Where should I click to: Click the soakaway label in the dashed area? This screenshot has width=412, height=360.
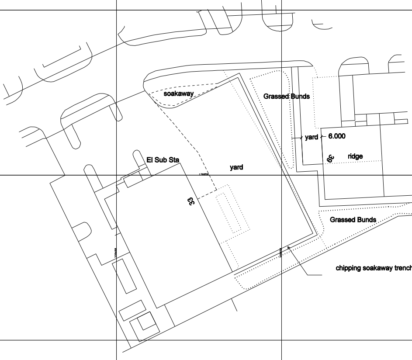click(178, 94)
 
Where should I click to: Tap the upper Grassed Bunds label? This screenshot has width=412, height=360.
click(286, 96)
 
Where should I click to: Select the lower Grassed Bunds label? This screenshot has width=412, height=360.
click(353, 220)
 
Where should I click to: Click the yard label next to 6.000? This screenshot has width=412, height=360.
click(312, 137)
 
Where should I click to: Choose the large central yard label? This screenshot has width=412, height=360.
click(236, 167)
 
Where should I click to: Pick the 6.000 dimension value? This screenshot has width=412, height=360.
click(336, 136)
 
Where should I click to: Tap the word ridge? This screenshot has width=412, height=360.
click(355, 156)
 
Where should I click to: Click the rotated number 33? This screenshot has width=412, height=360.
click(191, 201)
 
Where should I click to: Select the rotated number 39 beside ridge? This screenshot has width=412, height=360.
click(330, 158)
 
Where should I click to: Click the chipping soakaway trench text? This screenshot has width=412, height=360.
click(373, 268)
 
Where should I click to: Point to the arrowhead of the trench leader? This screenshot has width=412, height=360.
click(288, 247)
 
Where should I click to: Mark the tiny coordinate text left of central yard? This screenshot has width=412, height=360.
click(204, 174)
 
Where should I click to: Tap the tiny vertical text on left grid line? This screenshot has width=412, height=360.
click(116, 253)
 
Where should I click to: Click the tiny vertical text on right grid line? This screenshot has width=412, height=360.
click(281, 252)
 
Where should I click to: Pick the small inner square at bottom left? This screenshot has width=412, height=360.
click(144, 322)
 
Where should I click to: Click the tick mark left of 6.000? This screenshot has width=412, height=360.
click(322, 136)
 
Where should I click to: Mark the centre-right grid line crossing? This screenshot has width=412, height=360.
click(281, 175)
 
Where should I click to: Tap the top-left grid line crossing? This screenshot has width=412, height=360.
click(116, 10)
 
